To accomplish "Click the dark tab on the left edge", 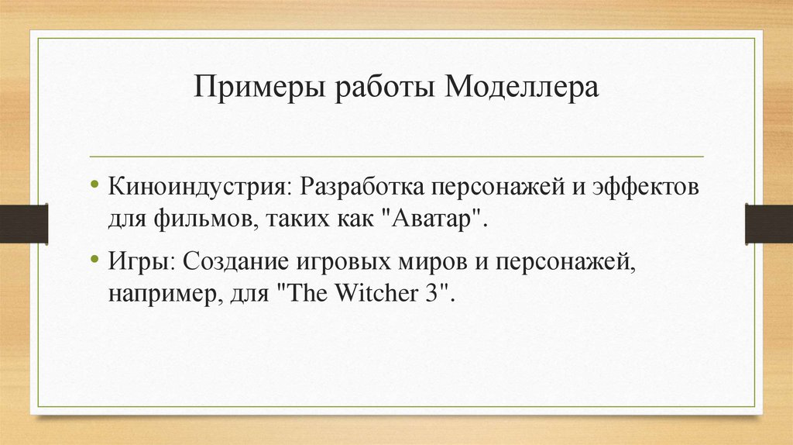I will pyautogui.click(x=23, y=223).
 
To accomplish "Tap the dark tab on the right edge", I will pyautogui.click(x=768, y=223).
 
